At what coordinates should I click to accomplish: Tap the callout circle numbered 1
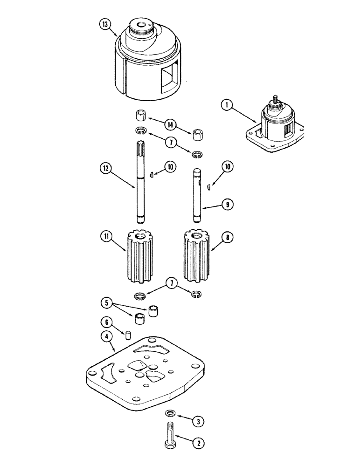point(228,106)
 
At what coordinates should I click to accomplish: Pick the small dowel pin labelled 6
point(127,334)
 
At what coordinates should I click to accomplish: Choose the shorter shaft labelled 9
point(197,196)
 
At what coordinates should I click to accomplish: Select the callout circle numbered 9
point(227,204)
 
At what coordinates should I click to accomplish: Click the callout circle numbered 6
point(106,322)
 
